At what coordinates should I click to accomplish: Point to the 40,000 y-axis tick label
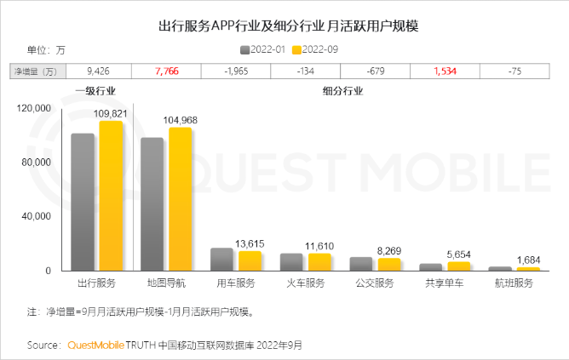(37, 216)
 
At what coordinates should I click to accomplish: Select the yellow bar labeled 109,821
(111, 196)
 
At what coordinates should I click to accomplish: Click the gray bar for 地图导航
(152, 204)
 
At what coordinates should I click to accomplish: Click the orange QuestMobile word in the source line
(95, 346)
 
